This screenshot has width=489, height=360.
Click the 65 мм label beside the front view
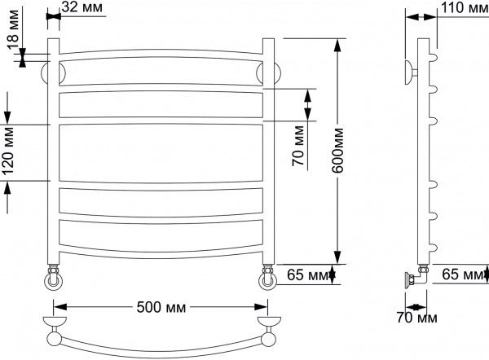coord(308,276)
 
